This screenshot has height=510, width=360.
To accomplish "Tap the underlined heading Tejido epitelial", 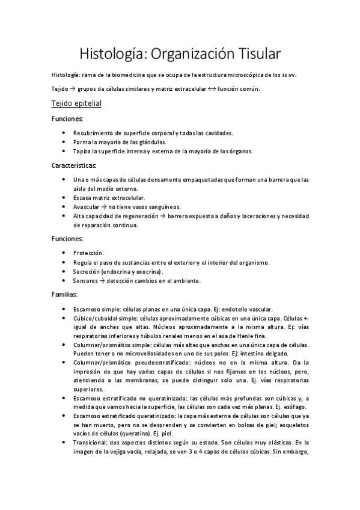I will [x=76, y=103].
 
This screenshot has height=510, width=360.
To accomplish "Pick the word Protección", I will [x=88, y=253].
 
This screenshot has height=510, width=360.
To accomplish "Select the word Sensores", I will [x=85, y=281].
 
